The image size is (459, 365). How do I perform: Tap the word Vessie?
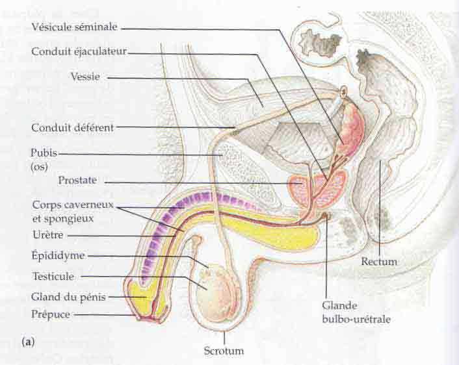[x=85, y=77]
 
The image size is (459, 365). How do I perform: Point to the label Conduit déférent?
[x=72, y=128]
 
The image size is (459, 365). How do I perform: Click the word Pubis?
[x=44, y=154]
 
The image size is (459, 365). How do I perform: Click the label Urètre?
[x=47, y=234]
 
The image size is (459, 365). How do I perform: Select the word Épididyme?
[x=58, y=255]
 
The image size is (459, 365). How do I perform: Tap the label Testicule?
[x=53, y=276]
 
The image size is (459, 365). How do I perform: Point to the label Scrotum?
[x=223, y=351]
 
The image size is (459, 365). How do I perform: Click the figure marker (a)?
[x=27, y=340]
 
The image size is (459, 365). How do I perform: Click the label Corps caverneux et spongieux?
[x=73, y=211]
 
